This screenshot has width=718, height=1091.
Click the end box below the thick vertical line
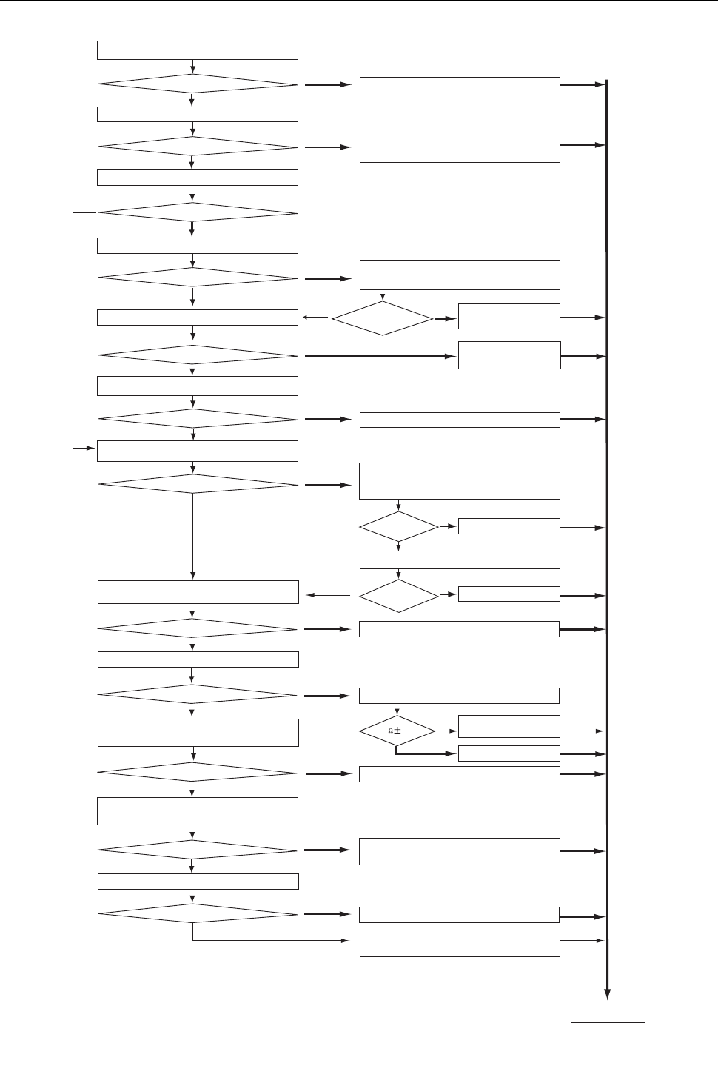click(x=607, y=1012)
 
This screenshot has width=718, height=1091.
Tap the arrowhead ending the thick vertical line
click(x=607, y=993)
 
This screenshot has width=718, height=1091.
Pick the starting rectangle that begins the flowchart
click(x=198, y=50)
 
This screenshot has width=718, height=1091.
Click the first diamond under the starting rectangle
click(x=198, y=84)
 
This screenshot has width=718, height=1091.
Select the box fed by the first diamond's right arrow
click(x=459, y=89)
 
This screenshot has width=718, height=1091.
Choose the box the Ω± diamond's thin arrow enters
click(x=509, y=726)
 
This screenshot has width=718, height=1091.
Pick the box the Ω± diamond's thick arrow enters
click(x=509, y=753)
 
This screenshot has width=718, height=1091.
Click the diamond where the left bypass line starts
click(x=198, y=213)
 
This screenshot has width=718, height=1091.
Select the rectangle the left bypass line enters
click(x=198, y=451)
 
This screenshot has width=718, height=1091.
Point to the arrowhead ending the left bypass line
click(x=94, y=448)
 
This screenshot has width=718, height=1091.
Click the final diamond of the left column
click(x=198, y=913)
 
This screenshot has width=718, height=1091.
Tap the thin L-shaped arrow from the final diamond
click(x=266, y=941)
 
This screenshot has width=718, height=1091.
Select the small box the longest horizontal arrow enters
click(x=509, y=355)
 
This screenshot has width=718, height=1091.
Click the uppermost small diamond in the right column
click(x=382, y=318)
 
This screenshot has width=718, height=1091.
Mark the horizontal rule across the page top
click(x=359, y=1)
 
